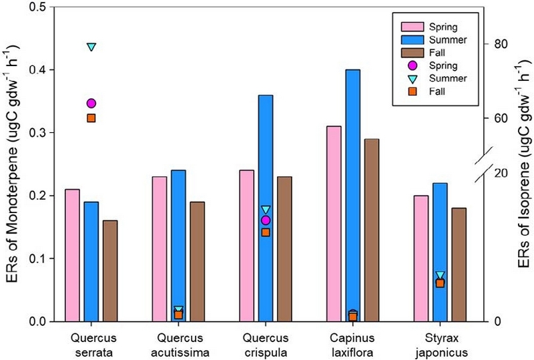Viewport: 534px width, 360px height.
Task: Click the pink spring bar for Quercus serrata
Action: pyautogui.click(x=72, y=255)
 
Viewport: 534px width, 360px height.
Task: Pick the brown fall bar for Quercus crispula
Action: pyautogui.click(x=285, y=249)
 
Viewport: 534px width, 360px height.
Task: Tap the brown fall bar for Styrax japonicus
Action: pyautogui.click(x=459, y=264)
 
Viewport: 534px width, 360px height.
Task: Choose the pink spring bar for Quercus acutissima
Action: pyautogui.click(x=160, y=249)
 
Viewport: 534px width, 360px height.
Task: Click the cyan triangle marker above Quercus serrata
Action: pyautogui.click(x=91, y=47)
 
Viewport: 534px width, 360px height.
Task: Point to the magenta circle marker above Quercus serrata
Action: pyautogui.click(x=91, y=104)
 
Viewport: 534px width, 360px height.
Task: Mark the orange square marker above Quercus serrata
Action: pyautogui.click(x=91, y=118)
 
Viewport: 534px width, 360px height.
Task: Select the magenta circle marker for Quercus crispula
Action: pyautogui.click(x=266, y=220)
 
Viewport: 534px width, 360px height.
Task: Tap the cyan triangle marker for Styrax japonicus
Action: pyautogui.click(x=440, y=275)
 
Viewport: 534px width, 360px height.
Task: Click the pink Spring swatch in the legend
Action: pyautogui.click(x=413, y=27)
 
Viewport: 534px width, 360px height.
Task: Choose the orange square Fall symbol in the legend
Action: pyautogui.click(x=413, y=92)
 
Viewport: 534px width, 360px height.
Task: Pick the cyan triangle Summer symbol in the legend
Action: pyautogui.click(x=413, y=79)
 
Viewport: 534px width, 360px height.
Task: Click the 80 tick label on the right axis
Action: pyautogui.click(x=500, y=44)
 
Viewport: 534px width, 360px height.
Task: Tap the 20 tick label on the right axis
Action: pyautogui.click(x=500, y=173)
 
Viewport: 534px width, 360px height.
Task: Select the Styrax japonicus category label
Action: pyautogui.click(x=441, y=345)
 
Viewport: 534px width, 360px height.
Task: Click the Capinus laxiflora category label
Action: pyautogui.click(x=352, y=345)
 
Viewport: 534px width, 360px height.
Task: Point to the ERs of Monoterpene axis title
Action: pyautogui.click(x=12, y=164)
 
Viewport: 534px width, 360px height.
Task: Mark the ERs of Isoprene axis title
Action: pyautogui.click(x=524, y=164)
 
